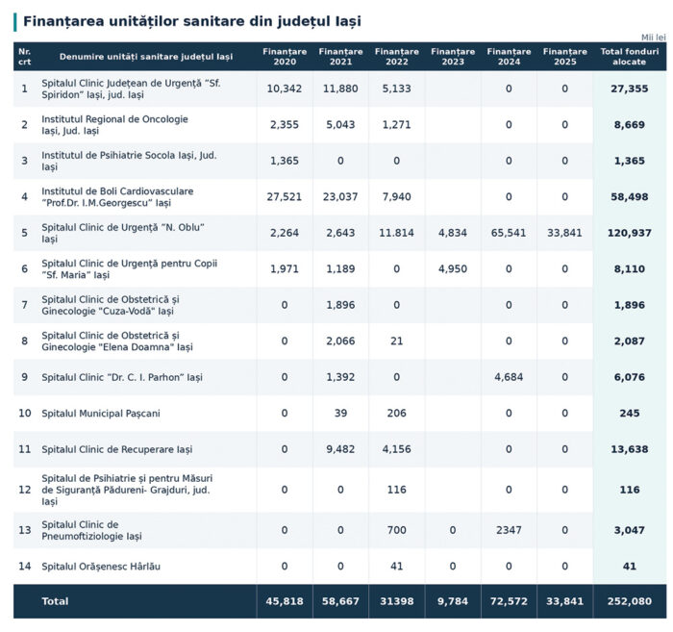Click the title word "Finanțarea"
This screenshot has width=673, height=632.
pos(63,21)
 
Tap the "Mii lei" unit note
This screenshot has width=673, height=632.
pos(653,38)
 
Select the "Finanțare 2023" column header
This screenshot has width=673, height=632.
pos(453,57)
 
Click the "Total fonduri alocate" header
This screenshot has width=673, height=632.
pos(629,57)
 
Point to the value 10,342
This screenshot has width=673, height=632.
pos(285,88)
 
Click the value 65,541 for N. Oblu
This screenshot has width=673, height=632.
pos(509,233)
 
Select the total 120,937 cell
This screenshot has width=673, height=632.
pos(629,233)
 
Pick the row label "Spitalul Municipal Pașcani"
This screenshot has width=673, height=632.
pos(101,414)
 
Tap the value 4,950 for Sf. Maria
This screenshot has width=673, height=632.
pos(453,269)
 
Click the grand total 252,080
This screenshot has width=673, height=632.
pos(629,601)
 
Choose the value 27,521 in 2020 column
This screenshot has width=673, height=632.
pos(285,197)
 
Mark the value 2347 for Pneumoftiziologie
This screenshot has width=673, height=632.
pos(509,530)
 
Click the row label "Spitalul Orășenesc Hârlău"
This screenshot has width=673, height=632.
pos(101,567)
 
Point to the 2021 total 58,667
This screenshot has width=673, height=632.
pos(340,601)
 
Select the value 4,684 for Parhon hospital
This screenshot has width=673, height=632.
pos(509,377)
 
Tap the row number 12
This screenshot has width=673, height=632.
pos(24,490)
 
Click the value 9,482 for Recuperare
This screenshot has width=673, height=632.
pos(340,449)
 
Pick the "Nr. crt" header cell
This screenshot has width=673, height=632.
pos(24,57)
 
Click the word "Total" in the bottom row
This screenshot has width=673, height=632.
pos(55,601)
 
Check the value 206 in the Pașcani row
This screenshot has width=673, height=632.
pos(396,414)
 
